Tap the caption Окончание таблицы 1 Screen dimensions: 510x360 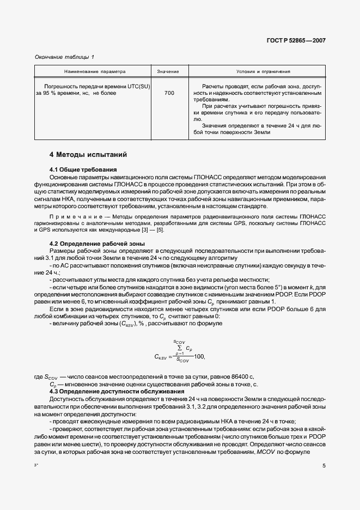pyautogui.click(x=64, y=57)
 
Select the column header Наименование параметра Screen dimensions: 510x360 pyautogui.click(x=95, y=71)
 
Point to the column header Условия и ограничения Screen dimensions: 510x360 pyautogui.click(x=263, y=71)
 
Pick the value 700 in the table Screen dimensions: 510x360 pyautogui.click(x=169, y=93)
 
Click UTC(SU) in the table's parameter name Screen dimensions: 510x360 pyautogui.click(x=139, y=87)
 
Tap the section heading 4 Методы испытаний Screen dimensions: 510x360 pyautogui.click(x=88, y=155)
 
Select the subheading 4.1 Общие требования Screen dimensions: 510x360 pyautogui.click(x=83, y=169)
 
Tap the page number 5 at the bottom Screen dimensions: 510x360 pyautogui.click(x=324, y=466)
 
